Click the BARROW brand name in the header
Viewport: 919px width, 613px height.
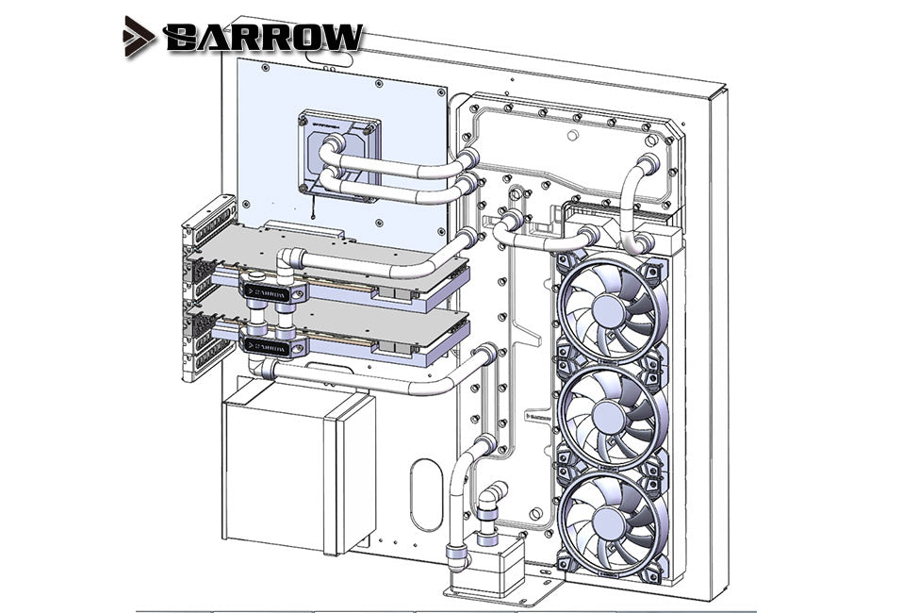tap(262, 37)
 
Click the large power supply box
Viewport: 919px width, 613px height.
tap(296, 472)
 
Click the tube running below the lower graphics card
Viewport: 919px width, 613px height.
tap(377, 377)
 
